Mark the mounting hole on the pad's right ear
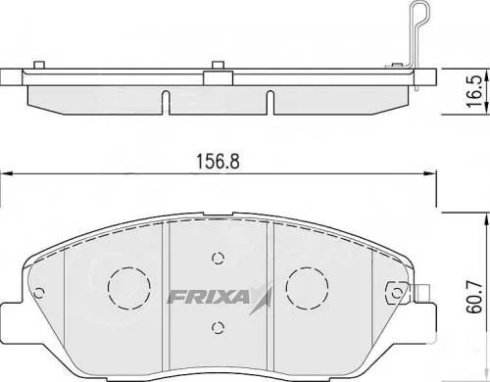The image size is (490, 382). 396,291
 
